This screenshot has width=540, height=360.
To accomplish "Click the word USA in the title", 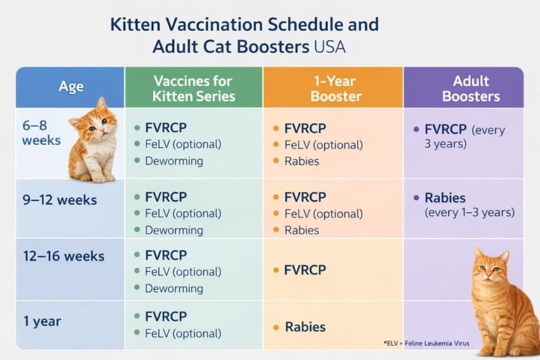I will click(x=329, y=46).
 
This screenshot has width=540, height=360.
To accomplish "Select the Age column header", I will click(x=71, y=87).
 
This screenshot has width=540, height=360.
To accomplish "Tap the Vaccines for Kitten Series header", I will click(x=192, y=89).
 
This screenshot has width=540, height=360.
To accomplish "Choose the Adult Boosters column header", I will click(x=471, y=89).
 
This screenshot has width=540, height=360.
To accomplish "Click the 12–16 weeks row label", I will click(x=64, y=257).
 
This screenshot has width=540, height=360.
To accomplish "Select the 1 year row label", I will click(x=42, y=321).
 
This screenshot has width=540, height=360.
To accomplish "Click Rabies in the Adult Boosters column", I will click(x=445, y=198).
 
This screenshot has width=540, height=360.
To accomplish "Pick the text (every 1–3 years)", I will click(x=469, y=213).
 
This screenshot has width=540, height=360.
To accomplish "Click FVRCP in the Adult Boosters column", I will click(x=446, y=129).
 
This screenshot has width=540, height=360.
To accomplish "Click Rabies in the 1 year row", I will click(x=305, y=327).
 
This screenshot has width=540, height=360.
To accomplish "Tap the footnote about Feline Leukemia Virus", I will click(x=426, y=343).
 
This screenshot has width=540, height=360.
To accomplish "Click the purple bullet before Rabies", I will click(x=416, y=198).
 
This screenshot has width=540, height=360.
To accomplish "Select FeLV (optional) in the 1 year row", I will click(x=183, y=333).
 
